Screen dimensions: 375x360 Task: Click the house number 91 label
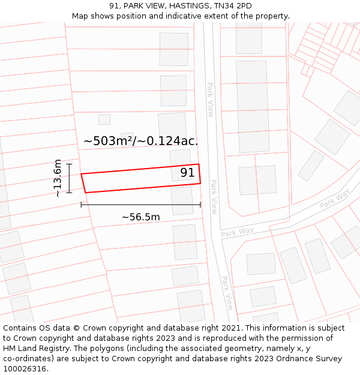pyautogui.click(x=187, y=173)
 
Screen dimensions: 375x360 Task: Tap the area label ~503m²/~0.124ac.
pyautogui.click(x=141, y=141)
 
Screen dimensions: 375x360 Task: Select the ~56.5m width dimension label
pyautogui.click(x=141, y=217)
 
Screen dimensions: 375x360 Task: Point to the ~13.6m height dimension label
pyautogui.click(x=57, y=178)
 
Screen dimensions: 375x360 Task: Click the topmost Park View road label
pyautogui.click(x=211, y=100)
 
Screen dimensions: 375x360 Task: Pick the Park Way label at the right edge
pyautogui.click(x=334, y=200)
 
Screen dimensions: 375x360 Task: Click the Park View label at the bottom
pyautogui.click(x=227, y=292)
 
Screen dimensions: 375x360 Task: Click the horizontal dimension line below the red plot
pyautogui.click(x=141, y=205)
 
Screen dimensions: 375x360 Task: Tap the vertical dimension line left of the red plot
pyautogui.click(x=69, y=178)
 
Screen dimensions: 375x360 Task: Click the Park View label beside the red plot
pyautogui.click(x=213, y=197)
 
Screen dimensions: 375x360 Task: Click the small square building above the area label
pyautogui.click(x=104, y=119)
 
